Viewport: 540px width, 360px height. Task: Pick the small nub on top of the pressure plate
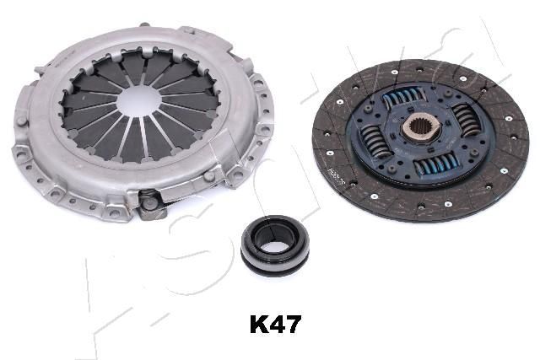click(191, 31)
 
